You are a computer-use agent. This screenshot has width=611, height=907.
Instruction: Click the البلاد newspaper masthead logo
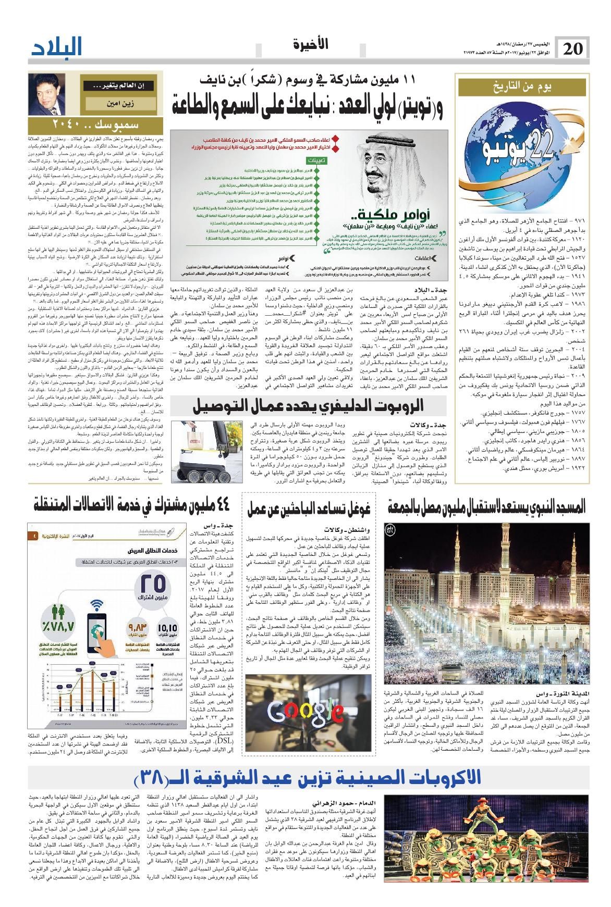57,48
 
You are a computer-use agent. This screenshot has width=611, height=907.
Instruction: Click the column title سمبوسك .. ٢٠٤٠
81,125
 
